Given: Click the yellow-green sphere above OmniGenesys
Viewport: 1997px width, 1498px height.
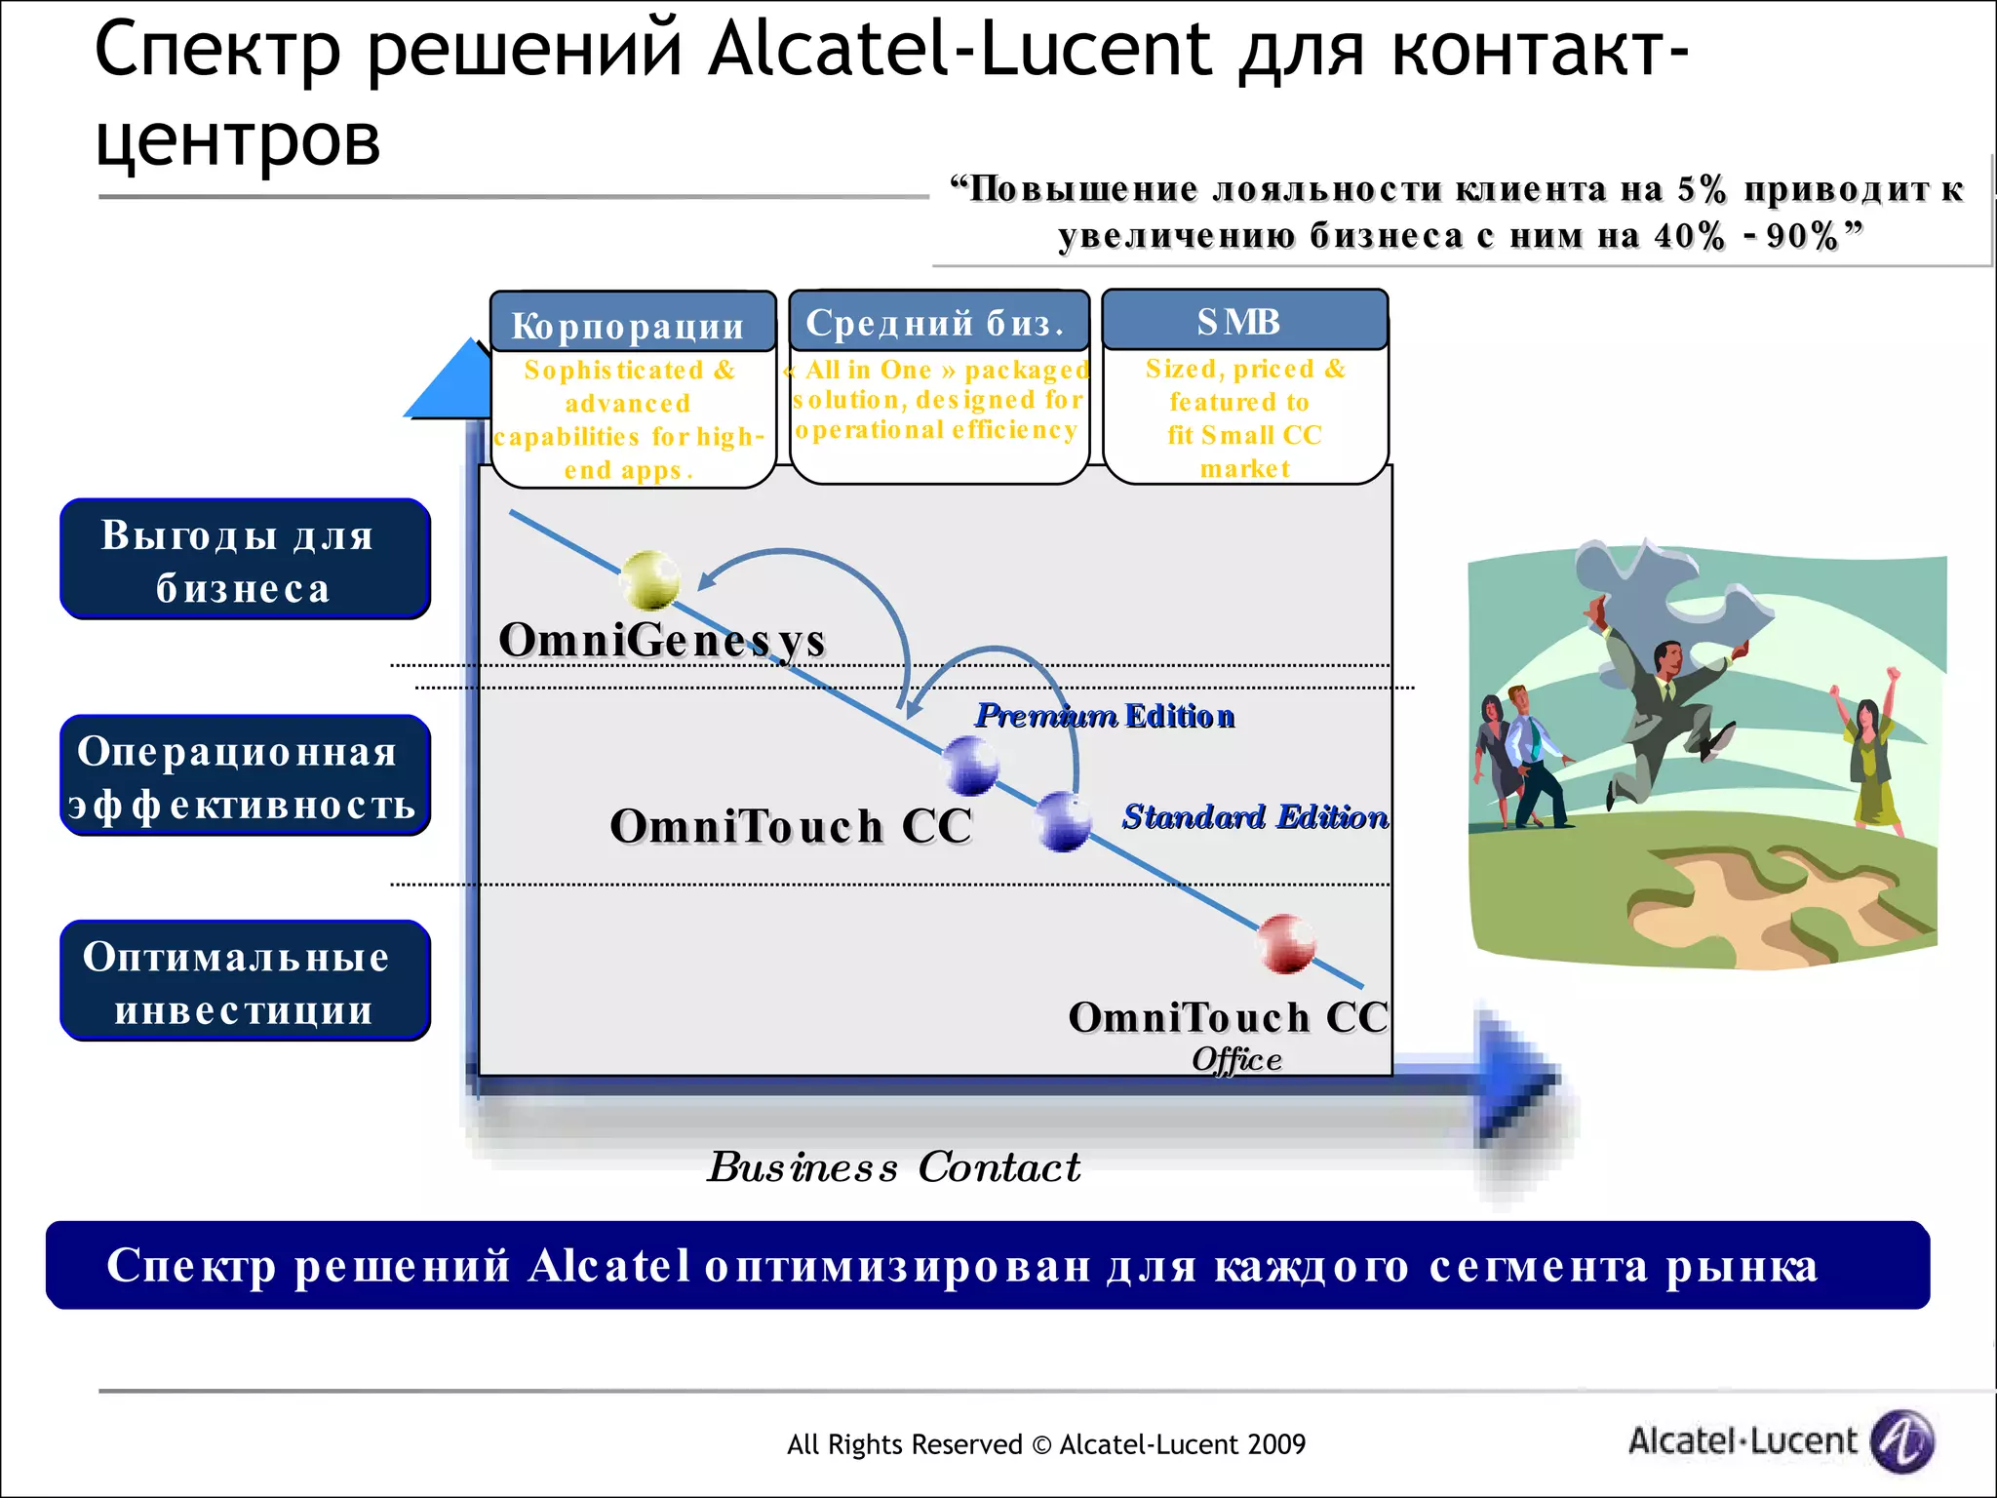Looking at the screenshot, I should [650, 579].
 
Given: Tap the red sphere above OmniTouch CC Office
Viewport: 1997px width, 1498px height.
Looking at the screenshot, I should [1286, 943].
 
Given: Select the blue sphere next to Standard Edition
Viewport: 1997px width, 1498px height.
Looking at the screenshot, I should [1063, 821].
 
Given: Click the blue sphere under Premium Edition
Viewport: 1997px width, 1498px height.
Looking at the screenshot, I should [970, 766].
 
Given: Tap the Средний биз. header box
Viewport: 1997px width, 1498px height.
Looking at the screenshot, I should [938, 322].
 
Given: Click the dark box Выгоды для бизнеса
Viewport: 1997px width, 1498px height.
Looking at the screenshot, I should [245, 560].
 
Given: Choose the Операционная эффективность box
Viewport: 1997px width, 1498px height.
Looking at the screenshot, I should [245, 776].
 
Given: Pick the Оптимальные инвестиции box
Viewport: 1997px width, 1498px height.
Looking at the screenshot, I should [245, 981].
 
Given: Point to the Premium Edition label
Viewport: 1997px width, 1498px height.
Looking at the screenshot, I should [1105, 716].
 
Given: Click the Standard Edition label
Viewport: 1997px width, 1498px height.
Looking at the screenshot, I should [1254, 816].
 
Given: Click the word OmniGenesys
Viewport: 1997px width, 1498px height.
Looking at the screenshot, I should [661, 640].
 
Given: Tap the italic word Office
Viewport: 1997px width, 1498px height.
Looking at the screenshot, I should [1236, 1059].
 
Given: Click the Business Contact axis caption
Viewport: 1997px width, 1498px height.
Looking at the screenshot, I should [894, 1166].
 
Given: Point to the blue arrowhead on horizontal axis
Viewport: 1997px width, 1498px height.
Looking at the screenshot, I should [1517, 1078].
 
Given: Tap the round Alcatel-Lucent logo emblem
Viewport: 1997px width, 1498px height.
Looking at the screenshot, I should [1902, 1440].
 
